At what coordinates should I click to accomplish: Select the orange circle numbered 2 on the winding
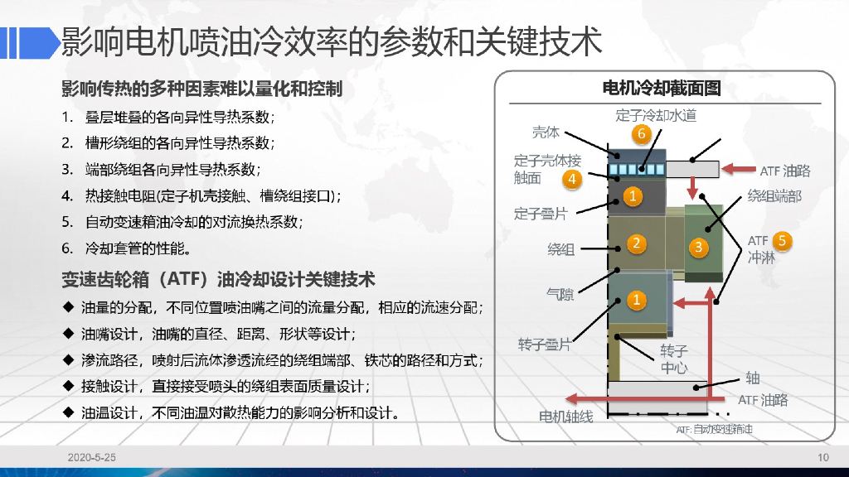(636, 243)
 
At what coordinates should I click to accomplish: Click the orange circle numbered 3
(698, 246)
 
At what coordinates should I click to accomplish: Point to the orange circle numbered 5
(782, 242)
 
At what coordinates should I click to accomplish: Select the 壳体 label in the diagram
(546, 132)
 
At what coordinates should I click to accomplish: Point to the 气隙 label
(560, 293)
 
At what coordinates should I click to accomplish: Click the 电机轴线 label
(566, 417)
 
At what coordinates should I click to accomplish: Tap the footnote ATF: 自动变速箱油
(714, 430)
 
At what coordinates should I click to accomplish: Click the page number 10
(822, 458)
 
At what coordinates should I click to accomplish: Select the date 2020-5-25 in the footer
(92, 458)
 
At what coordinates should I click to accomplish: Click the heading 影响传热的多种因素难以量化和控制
(201, 89)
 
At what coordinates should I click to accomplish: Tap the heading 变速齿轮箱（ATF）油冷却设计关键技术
(218, 277)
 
